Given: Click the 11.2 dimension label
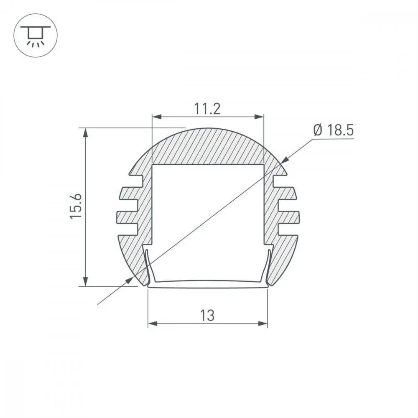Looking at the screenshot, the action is click(207, 109).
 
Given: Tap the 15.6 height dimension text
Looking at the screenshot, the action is click(76, 206).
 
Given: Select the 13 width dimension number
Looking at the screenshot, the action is click(207, 315).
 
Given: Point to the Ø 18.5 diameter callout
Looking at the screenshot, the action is click(334, 130).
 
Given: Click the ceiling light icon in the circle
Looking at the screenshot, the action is click(36, 36).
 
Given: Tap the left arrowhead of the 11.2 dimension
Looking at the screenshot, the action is click(157, 117).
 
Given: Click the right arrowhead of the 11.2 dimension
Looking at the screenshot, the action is click(259, 117).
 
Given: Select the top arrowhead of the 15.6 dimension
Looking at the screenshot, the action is click(85, 133).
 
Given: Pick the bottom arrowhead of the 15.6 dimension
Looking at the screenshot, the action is click(85, 281).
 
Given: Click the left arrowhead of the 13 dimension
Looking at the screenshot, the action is click(153, 324).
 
